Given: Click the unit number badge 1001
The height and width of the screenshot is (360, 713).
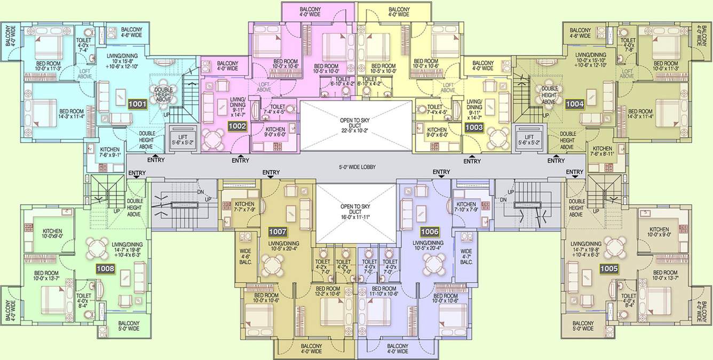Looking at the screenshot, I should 137,105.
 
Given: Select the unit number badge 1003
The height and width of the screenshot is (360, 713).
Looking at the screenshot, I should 473,127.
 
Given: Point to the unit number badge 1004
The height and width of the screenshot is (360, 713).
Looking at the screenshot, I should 575,105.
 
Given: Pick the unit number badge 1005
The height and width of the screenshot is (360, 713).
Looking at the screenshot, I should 609,269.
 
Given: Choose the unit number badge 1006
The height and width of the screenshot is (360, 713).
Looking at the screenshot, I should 430,231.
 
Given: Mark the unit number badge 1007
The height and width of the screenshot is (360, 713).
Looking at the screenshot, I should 278,232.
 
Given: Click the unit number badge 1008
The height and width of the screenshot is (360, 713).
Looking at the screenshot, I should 105,269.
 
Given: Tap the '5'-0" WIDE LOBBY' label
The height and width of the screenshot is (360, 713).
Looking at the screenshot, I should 357,167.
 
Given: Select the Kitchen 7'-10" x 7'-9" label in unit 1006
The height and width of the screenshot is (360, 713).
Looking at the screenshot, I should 466,207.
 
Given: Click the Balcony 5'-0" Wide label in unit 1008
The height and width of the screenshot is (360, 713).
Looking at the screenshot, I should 129,326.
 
